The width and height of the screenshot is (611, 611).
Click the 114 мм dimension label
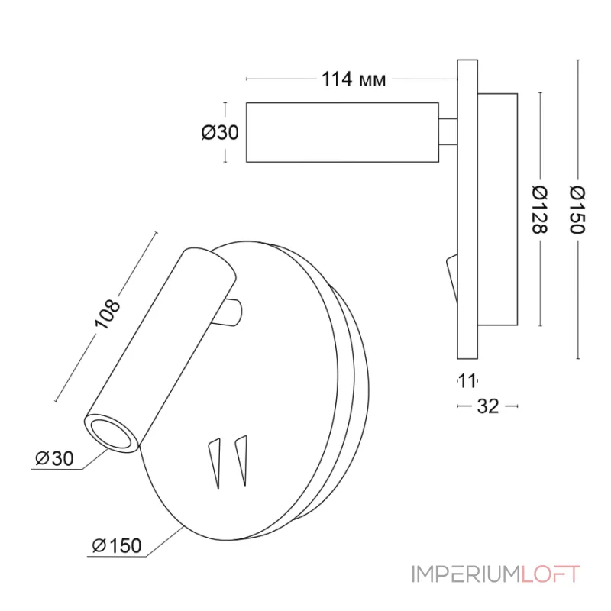click(x=354, y=79)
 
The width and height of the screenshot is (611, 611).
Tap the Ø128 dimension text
click(x=540, y=209)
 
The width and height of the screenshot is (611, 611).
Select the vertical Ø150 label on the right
click(x=577, y=209)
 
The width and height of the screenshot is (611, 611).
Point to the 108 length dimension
click(x=107, y=314)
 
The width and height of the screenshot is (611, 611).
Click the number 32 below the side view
click(x=488, y=406)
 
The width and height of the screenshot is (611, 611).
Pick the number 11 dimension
click(x=467, y=380)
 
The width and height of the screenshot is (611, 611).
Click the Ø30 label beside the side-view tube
click(x=220, y=132)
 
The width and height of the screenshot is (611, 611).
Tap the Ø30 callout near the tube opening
click(x=54, y=458)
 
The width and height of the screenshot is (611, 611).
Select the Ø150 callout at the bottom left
click(x=117, y=545)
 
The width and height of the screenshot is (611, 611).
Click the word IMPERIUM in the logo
click(x=466, y=574)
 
